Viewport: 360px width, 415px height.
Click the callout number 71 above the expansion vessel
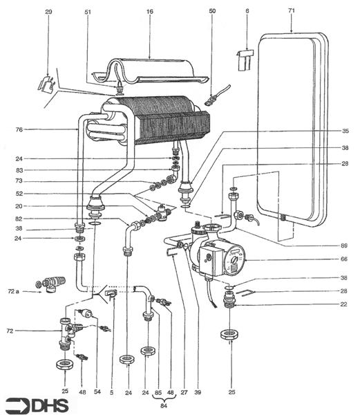292,10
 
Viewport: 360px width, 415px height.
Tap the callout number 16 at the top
150,11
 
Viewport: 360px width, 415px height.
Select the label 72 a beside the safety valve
14,291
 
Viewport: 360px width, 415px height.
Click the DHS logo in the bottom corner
37,405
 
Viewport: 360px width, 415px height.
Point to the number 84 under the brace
164,405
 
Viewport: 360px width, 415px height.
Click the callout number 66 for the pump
344,259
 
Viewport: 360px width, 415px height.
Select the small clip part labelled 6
245,60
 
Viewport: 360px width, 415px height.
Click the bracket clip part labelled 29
46,84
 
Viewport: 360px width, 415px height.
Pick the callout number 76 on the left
19,129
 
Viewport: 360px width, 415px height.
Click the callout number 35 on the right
345,131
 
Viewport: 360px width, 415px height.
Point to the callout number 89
344,246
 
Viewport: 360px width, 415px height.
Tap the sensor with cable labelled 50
217,96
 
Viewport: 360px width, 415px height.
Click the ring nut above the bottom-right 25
229,334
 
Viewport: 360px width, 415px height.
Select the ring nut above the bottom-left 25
65,365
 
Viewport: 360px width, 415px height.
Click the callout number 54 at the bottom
97,391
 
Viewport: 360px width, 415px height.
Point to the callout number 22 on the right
343,304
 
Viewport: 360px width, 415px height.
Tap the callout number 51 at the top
88,12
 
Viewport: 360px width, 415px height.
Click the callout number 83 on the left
19,170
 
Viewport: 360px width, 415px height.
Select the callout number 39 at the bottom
198,392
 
